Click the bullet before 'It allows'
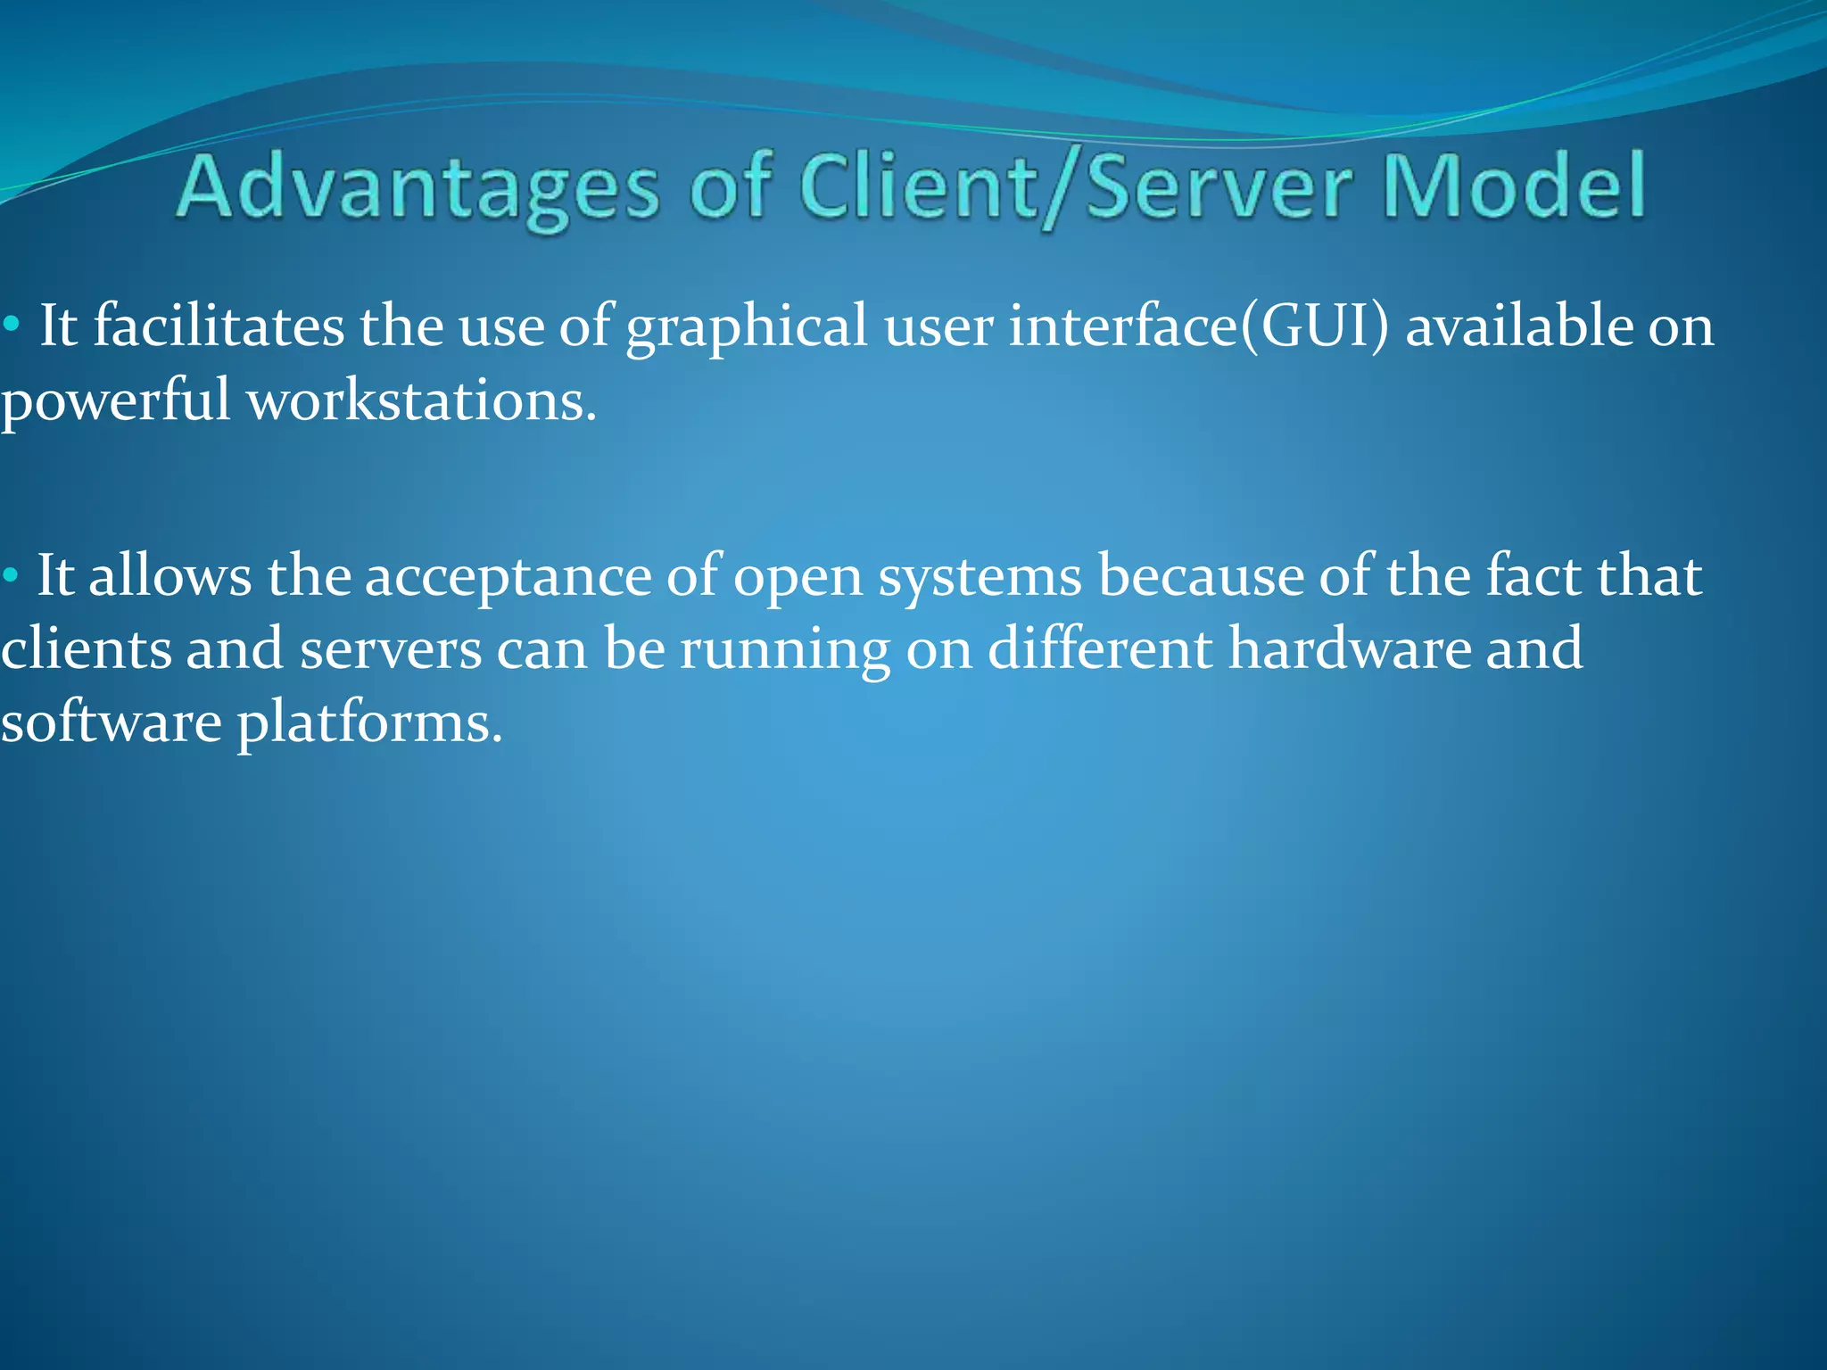[10, 577]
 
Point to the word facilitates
[219, 326]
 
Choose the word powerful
[116, 401]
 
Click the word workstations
[421, 400]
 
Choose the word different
[1100, 648]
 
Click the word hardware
[1350, 648]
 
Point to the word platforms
[369, 723]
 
